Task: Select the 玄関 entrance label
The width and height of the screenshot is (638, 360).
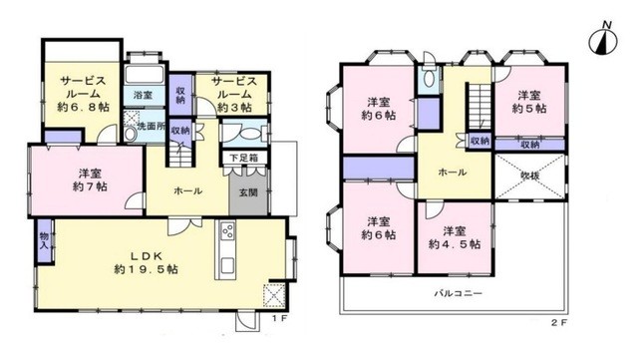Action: (247, 192)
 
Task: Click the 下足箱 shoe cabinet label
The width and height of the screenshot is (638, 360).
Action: (235, 158)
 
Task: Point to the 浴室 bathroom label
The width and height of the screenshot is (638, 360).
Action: (142, 96)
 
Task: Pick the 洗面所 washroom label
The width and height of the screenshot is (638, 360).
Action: (152, 127)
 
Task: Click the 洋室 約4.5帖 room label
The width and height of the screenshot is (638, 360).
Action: (455, 235)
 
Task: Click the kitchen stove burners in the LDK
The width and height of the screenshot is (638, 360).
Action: (226, 237)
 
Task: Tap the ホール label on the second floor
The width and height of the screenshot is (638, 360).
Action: (454, 173)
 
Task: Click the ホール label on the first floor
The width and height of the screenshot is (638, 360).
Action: (188, 190)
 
